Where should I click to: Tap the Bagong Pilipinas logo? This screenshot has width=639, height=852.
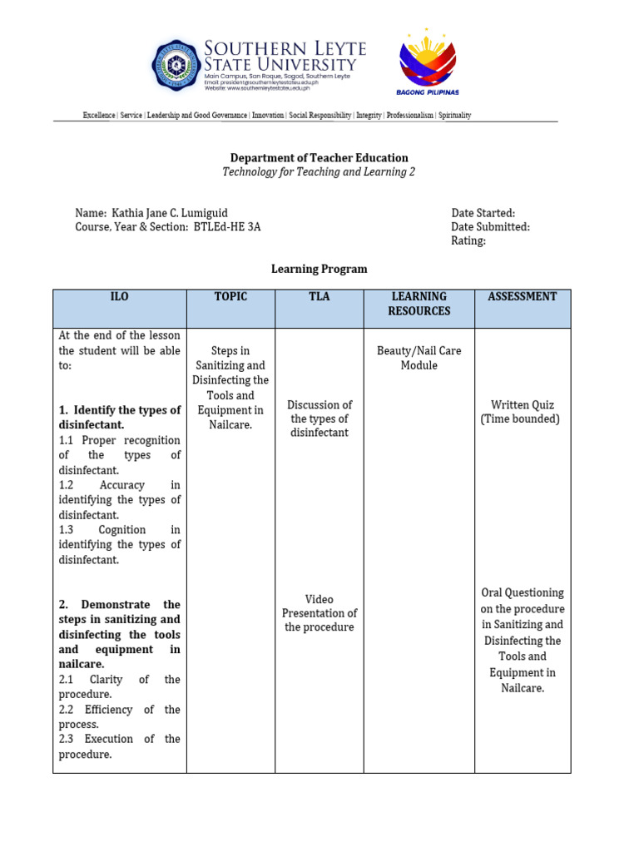click(x=428, y=62)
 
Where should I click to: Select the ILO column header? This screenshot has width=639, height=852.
click(x=120, y=297)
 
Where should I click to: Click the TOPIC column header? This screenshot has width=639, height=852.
click(x=230, y=297)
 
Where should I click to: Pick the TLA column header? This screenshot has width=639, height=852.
click(x=319, y=297)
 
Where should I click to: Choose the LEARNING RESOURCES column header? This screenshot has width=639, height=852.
click(x=419, y=304)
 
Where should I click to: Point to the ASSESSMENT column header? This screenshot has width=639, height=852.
click(x=523, y=297)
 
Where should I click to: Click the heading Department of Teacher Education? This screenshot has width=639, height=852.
click(x=319, y=157)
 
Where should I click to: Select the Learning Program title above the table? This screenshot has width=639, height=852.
click(x=319, y=269)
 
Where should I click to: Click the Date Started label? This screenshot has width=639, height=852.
click(x=483, y=213)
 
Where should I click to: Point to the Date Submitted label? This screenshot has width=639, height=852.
click(x=490, y=227)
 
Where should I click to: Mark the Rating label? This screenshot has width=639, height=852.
click(x=468, y=241)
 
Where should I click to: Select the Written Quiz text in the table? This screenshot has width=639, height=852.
click(x=522, y=405)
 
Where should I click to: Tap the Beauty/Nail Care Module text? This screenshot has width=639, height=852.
click(x=419, y=359)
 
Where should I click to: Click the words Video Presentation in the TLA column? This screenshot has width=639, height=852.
click(x=319, y=607)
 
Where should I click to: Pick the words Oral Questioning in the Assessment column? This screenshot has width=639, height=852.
click(x=523, y=593)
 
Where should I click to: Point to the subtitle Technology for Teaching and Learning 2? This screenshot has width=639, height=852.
click(x=319, y=172)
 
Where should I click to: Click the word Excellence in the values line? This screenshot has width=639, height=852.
click(x=99, y=116)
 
